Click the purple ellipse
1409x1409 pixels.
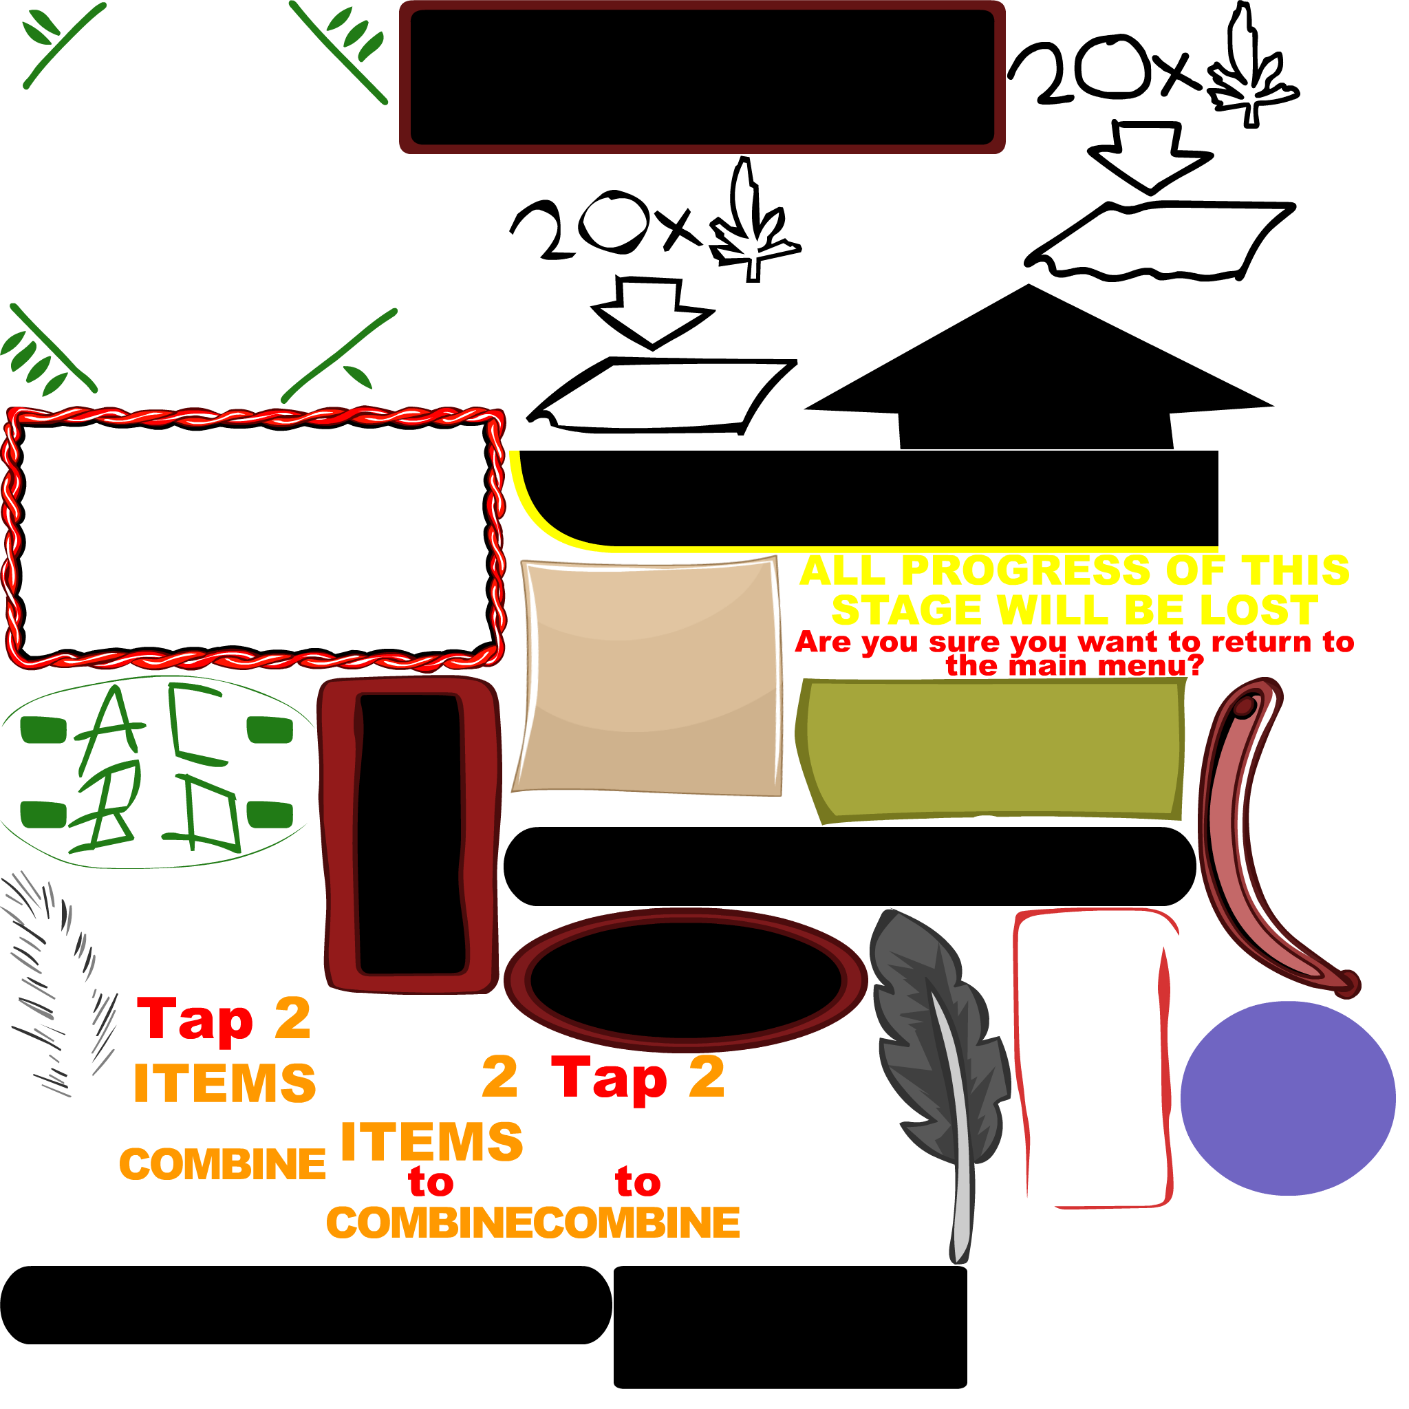coord(1287,1097)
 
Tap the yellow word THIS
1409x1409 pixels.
coord(1295,570)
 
